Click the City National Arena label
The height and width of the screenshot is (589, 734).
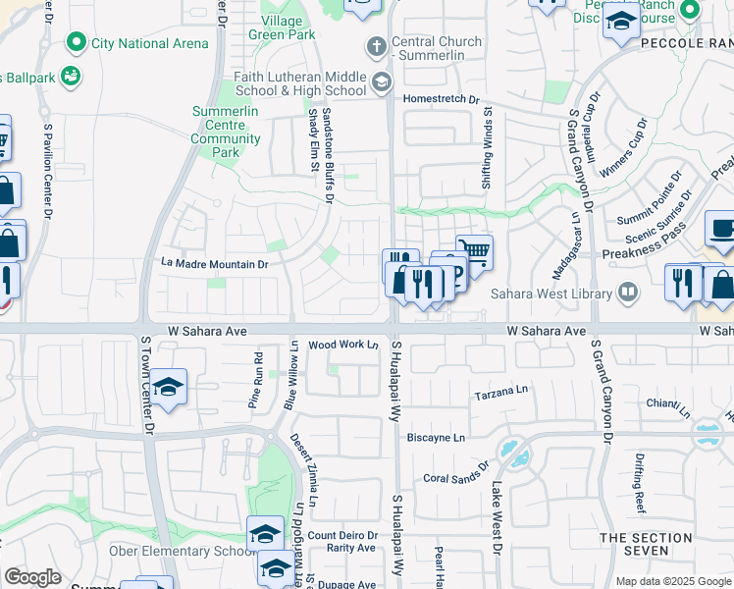(x=149, y=43)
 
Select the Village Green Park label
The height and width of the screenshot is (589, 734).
(x=288, y=27)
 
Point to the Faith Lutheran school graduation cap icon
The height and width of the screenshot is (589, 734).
(x=381, y=84)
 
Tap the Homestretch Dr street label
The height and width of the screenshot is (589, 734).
(x=441, y=99)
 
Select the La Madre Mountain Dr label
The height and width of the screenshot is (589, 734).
(x=214, y=264)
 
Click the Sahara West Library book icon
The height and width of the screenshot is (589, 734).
(x=626, y=292)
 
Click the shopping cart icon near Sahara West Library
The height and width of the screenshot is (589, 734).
(x=474, y=251)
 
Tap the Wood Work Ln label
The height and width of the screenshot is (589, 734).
(x=343, y=345)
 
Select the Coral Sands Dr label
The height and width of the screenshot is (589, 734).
(x=455, y=474)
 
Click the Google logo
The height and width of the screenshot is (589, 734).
(x=33, y=577)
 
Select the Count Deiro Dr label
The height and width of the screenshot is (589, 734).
(x=342, y=535)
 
